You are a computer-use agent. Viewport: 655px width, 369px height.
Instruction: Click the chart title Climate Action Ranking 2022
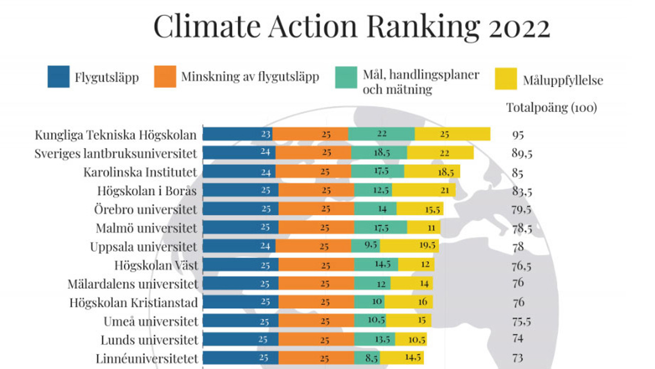point(351,27)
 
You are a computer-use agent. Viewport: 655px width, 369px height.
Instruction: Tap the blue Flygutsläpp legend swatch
point(59,77)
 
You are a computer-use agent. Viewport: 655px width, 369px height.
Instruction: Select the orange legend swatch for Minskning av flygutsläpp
point(165,77)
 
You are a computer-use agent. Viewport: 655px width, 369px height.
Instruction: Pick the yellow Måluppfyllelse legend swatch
point(506,79)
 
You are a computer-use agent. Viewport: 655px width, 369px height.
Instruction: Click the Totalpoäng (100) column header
point(551,108)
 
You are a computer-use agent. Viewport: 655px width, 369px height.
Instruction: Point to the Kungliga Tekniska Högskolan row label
point(115,135)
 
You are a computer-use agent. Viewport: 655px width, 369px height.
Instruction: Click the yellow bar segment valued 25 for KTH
point(452,134)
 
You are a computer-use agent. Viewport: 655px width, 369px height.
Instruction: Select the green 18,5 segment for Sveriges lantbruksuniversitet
point(379,153)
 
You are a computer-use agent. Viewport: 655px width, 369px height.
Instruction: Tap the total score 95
point(518,135)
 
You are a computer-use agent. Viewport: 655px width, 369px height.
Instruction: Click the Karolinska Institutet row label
point(140,172)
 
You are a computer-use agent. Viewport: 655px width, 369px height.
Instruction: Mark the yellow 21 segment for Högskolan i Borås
point(424,190)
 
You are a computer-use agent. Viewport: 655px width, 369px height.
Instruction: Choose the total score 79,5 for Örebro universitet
point(521,210)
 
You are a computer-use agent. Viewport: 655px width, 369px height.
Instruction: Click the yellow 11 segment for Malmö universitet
point(424,227)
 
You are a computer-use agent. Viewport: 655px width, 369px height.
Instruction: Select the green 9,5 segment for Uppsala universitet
point(366,246)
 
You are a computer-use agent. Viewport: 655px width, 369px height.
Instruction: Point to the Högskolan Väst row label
point(156,265)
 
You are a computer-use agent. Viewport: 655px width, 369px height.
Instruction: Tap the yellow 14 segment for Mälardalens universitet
point(411,283)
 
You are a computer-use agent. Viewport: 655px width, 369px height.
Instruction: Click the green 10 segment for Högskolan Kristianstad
point(369,302)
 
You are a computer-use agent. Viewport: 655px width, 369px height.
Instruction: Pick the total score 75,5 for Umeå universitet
point(521,321)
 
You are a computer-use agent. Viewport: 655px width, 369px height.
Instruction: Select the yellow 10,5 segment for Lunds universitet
point(411,339)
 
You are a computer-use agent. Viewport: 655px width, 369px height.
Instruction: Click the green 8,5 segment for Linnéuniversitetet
point(367,358)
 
